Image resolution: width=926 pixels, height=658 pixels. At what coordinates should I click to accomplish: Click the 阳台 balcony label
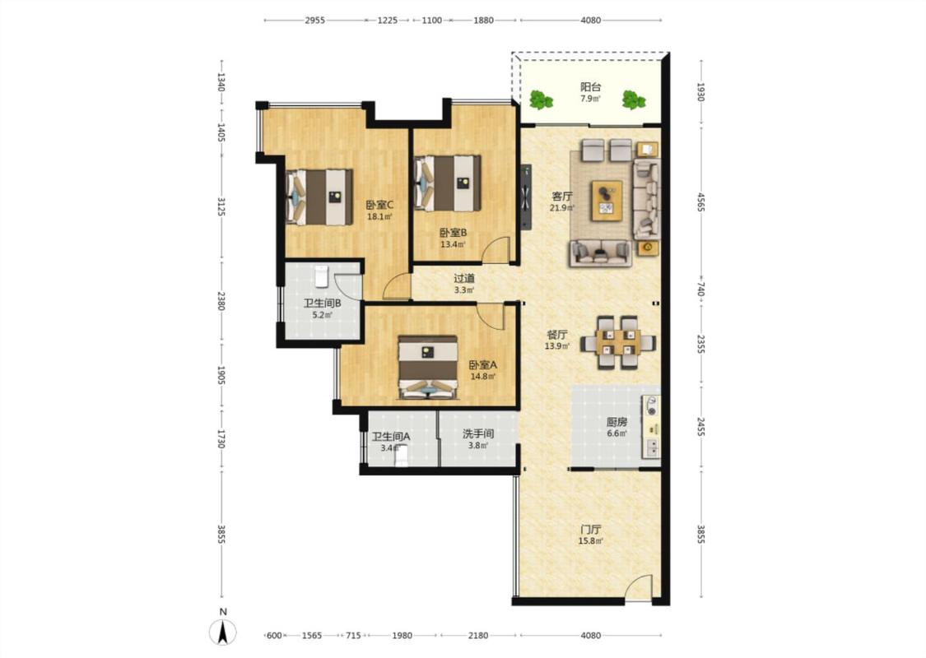point(590,86)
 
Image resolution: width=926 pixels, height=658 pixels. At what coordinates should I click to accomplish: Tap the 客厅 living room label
point(561,196)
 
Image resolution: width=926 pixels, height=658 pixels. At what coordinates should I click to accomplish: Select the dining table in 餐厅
point(617,342)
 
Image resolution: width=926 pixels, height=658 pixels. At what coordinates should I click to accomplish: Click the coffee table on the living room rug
point(607,201)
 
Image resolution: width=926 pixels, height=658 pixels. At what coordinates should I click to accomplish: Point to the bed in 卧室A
point(428,367)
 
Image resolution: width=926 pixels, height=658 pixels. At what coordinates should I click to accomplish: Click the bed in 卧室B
point(448,183)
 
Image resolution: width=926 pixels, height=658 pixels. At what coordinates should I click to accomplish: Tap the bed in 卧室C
point(319,197)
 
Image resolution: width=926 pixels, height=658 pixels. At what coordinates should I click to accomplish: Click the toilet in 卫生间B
point(321,276)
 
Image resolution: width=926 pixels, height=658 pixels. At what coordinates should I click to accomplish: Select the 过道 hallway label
point(464,278)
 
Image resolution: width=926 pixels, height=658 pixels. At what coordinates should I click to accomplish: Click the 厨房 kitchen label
point(617,422)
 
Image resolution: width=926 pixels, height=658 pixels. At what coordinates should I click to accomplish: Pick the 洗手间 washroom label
point(477,433)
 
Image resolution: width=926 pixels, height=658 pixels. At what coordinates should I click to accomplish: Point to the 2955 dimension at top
point(314,20)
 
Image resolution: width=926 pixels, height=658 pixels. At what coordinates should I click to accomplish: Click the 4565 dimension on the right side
point(700,202)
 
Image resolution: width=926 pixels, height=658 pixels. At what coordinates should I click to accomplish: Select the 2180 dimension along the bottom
point(478,636)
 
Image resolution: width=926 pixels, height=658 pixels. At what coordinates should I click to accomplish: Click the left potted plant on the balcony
point(540,100)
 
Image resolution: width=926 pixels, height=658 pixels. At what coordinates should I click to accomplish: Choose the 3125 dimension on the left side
point(221,206)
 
